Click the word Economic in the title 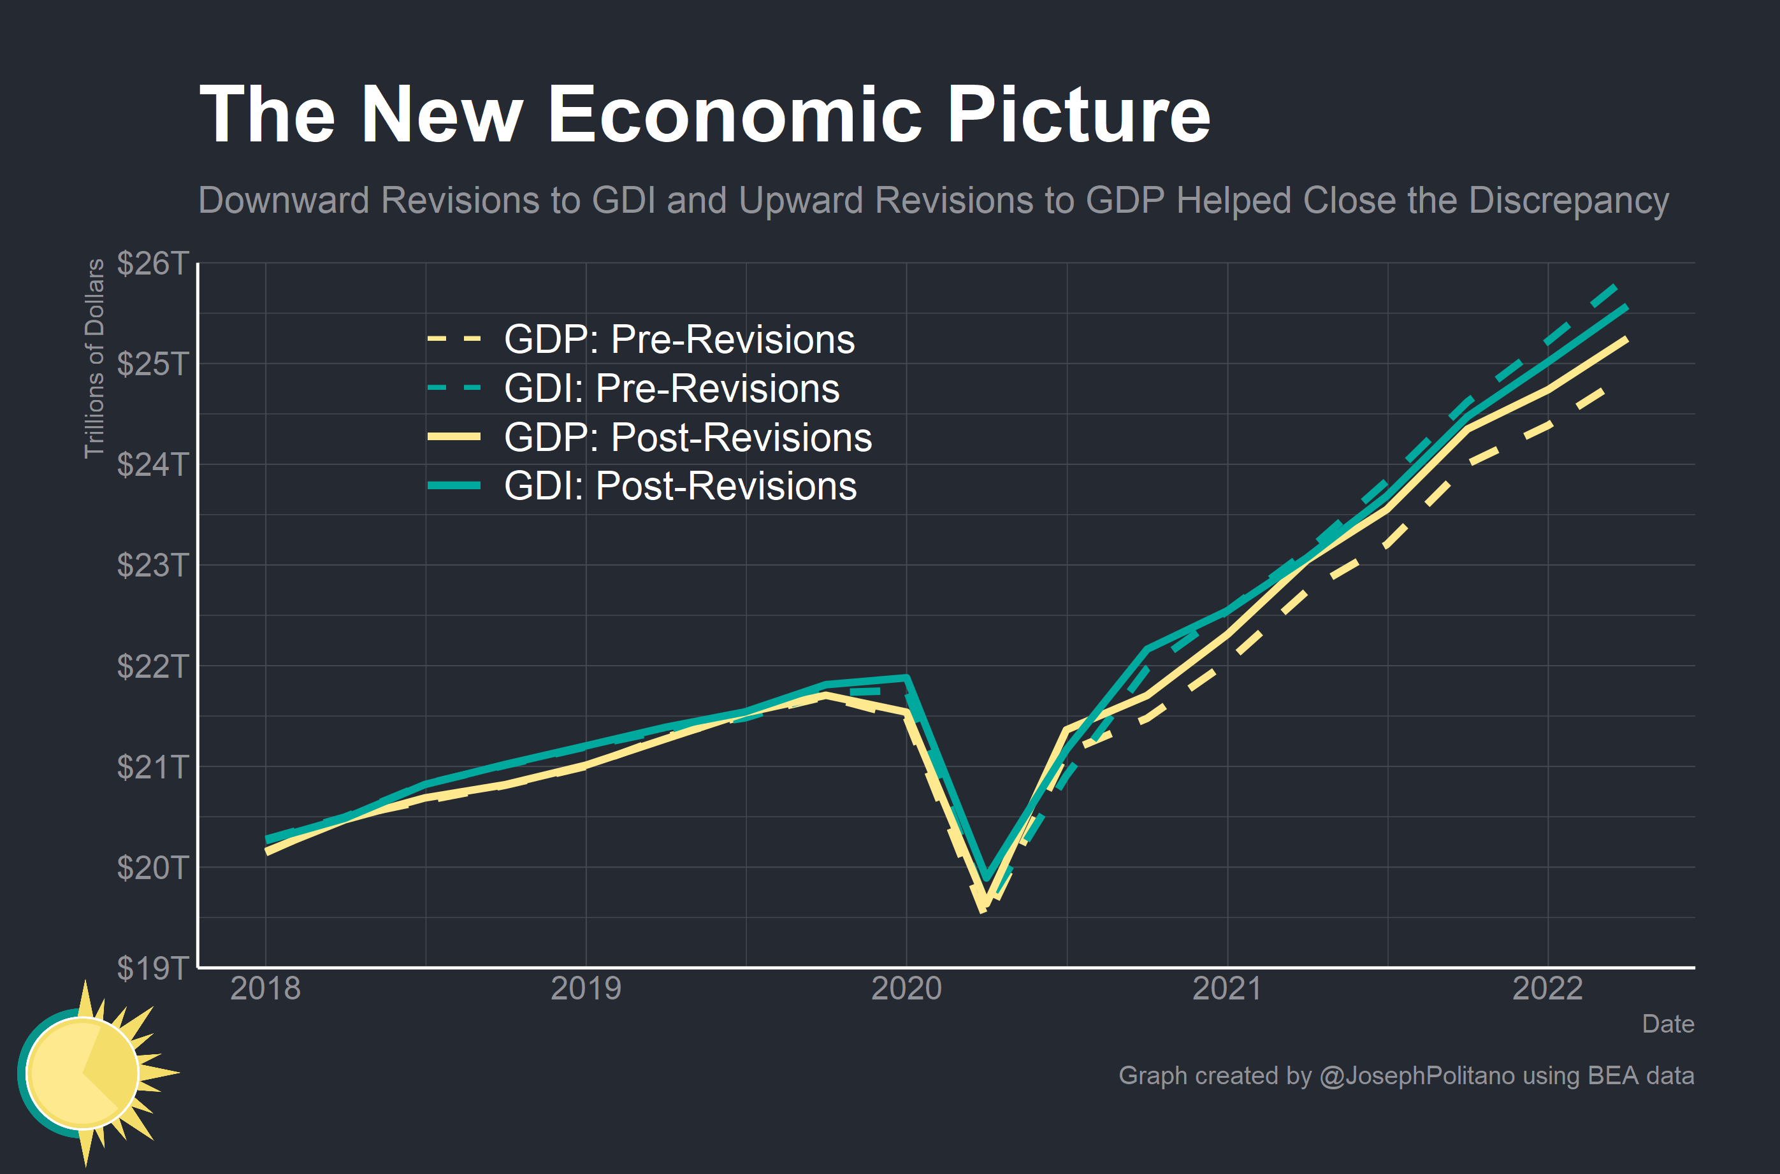point(734,115)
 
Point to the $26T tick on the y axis point(153,264)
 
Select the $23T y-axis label point(153,565)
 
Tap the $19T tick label point(153,968)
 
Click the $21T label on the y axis point(153,767)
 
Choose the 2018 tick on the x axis point(265,989)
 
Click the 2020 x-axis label point(906,989)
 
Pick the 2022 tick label point(1547,989)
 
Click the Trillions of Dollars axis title point(94,358)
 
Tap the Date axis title point(1668,1024)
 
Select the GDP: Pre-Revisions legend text point(679,339)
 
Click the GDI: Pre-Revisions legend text point(672,389)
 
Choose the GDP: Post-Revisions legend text point(688,437)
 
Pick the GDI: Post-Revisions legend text point(680,486)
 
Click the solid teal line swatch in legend point(454,486)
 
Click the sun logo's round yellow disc point(82,1072)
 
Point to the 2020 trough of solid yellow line point(983,908)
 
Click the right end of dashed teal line point(1615,287)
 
